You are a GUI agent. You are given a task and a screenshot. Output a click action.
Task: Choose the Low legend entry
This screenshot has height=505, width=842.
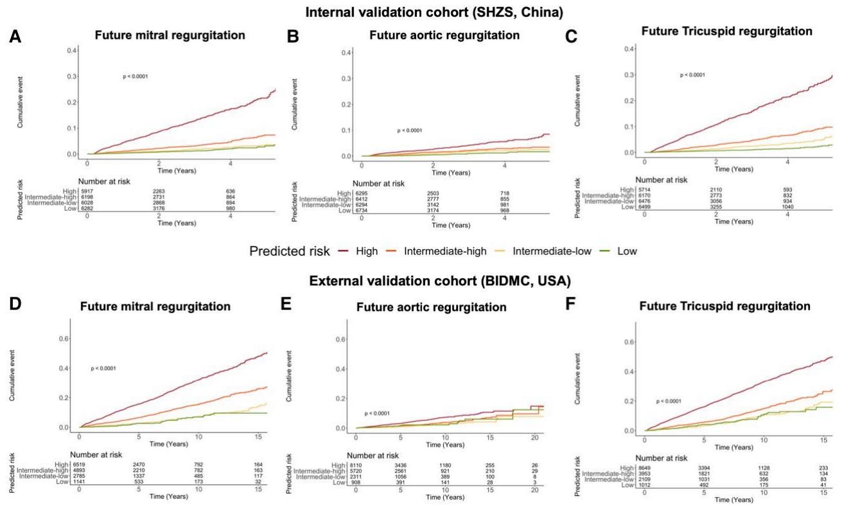click(627, 251)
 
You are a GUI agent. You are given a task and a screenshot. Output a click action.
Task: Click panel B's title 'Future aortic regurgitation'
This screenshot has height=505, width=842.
click(444, 35)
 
